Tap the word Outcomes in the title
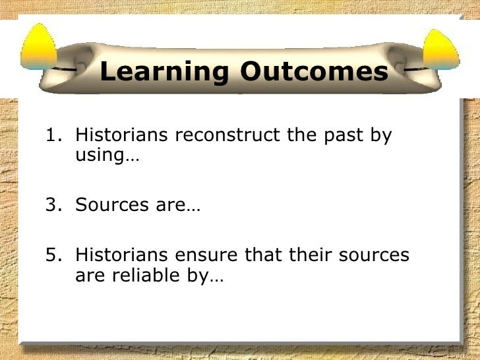click(x=313, y=72)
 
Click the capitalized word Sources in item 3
click(x=110, y=205)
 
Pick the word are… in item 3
click(x=178, y=206)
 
